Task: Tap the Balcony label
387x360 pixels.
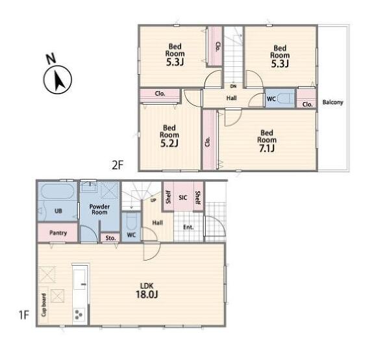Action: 332,102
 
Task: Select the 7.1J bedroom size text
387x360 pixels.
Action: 267,148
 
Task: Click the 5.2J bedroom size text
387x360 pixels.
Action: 169,143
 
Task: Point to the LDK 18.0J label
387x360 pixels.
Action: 147,290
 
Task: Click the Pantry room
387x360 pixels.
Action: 58,233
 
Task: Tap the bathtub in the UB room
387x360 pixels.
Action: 57,191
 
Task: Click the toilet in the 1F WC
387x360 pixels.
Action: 131,220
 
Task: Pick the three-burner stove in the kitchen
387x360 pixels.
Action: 79,315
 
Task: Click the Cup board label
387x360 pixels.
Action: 44,305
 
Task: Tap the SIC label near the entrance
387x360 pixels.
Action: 183,198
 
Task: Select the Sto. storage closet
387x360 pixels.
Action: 110,238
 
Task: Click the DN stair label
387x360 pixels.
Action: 233,86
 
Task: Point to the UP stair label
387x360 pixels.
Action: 153,200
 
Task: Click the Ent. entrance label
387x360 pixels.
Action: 188,227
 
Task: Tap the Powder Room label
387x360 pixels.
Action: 99,209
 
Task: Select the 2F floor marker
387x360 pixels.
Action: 118,165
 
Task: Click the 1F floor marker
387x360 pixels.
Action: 24,315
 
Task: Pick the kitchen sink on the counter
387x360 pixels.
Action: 80,279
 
